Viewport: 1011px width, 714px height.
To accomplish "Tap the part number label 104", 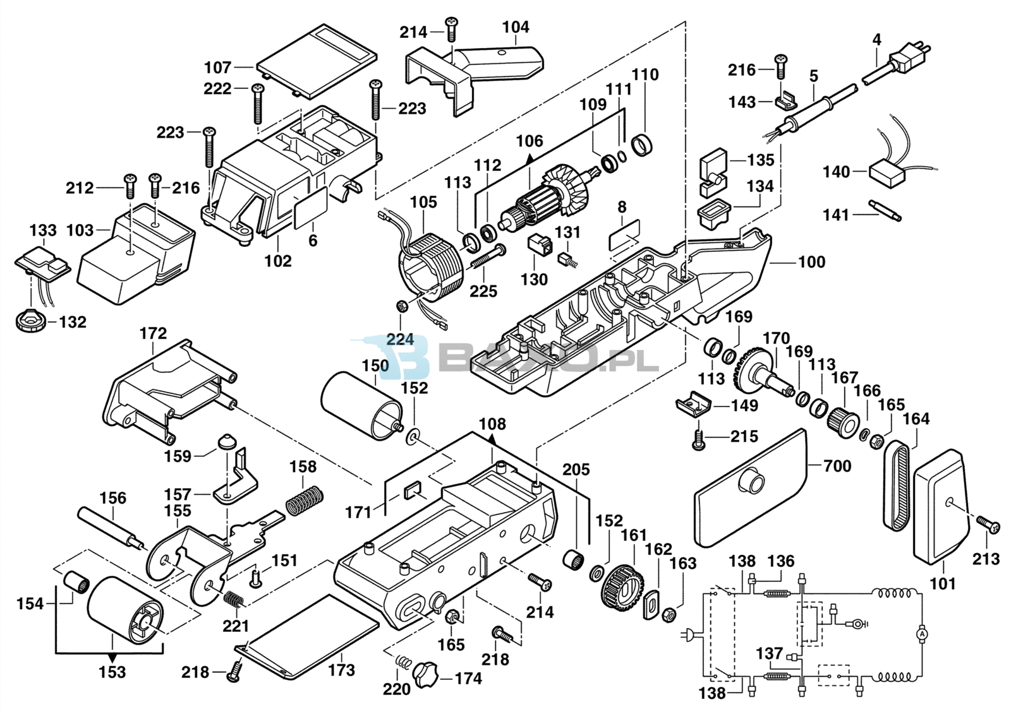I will tap(516, 27).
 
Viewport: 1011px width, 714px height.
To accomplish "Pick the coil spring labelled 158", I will tap(305, 499).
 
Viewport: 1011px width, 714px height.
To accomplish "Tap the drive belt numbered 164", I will tap(896, 486).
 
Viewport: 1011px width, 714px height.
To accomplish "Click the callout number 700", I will tap(837, 466).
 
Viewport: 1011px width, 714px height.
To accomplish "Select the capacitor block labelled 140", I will tap(888, 172).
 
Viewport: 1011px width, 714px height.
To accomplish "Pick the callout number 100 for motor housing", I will tap(812, 262).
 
